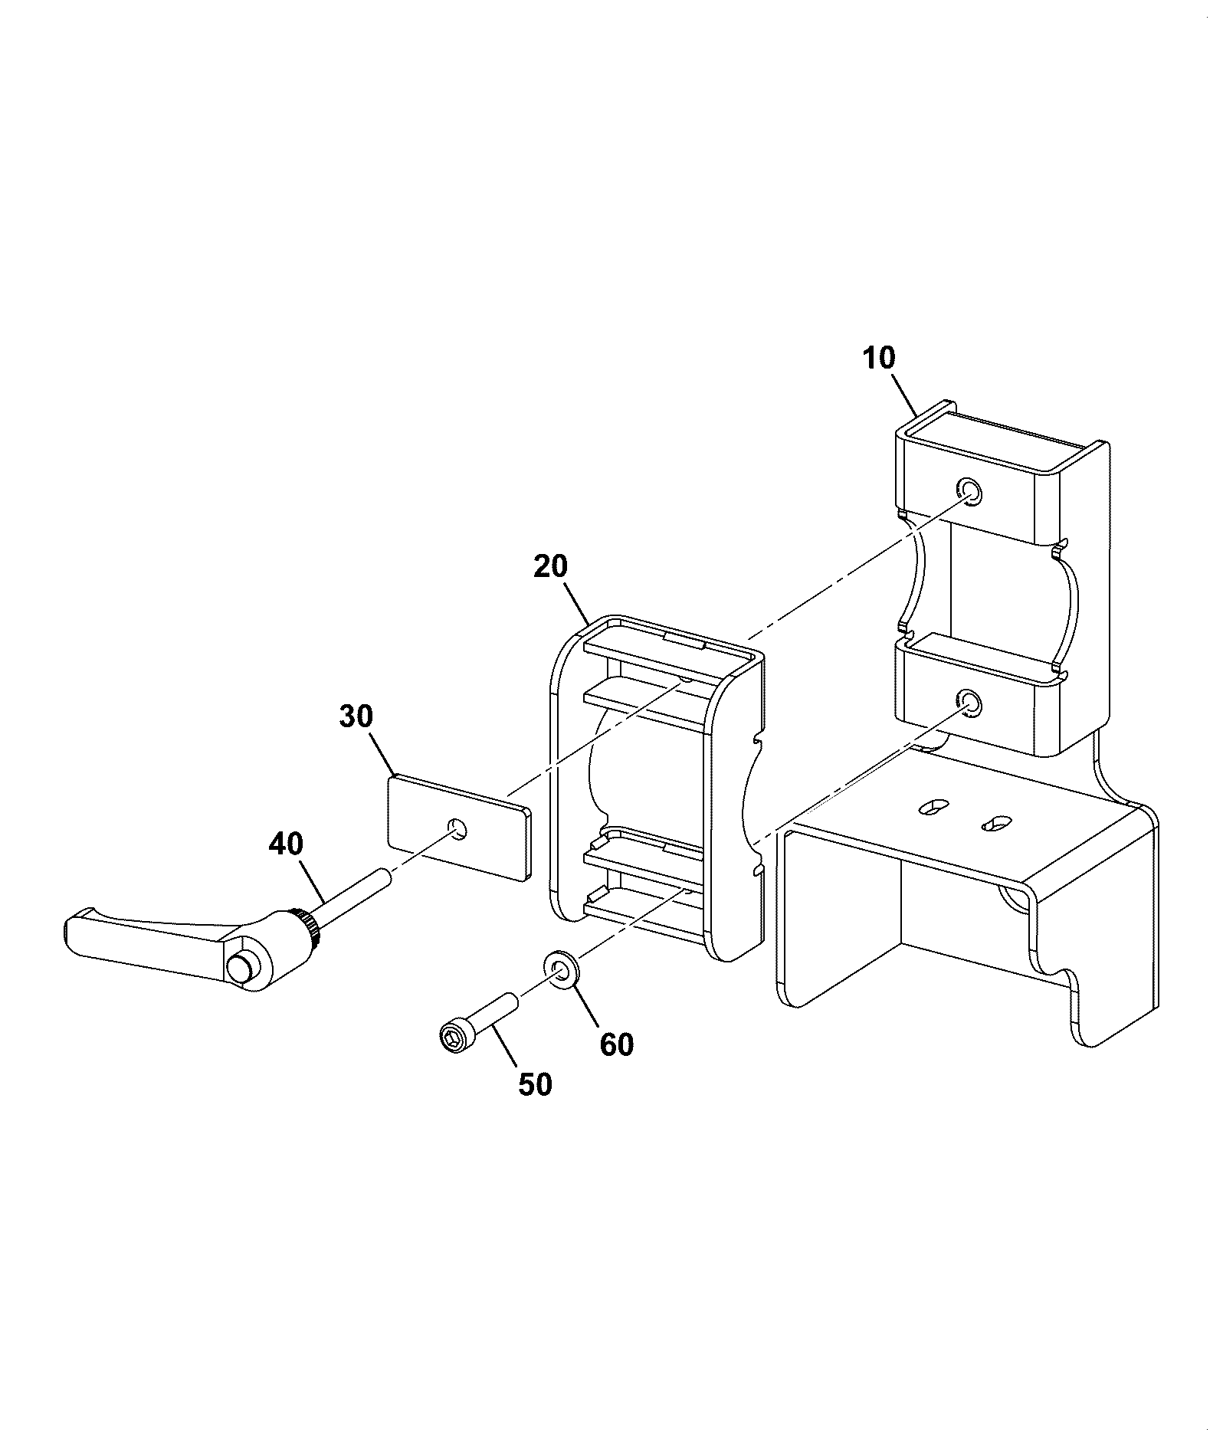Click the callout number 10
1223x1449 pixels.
pos(879,359)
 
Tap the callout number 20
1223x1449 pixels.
pos(550,567)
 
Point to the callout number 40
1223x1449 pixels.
pos(286,844)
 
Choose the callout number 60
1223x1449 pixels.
pos(617,1044)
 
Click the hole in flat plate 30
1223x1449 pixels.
pos(457,828)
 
